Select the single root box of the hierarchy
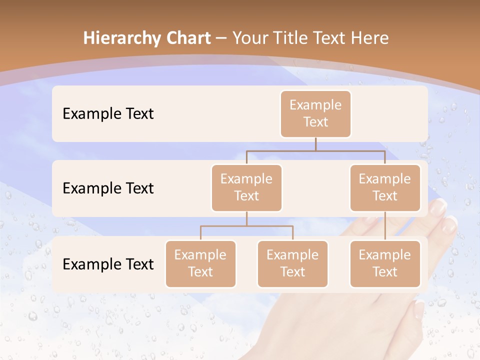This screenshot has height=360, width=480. point(315,113)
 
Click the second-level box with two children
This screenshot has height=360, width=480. point(246,187)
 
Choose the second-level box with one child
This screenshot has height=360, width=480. point(385,187)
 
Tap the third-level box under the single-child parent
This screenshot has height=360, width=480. point(385,263)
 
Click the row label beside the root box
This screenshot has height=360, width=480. point(108,114)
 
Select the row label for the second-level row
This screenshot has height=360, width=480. point(108,188)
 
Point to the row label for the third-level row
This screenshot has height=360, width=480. point(108,264)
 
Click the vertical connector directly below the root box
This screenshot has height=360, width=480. point(315,144)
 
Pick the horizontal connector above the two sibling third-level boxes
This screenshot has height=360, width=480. point(246,226)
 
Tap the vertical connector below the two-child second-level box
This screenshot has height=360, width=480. point(246,218)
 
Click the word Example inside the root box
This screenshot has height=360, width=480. point(315,105)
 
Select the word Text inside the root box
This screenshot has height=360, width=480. point(315,122)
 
